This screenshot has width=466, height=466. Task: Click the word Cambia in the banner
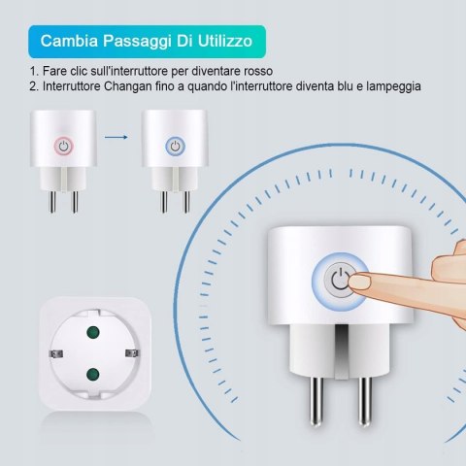click(x=69, y=41)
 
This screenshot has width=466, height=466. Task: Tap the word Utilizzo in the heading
click(x=225, y=41)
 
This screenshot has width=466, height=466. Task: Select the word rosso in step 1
click(x=258, y=71)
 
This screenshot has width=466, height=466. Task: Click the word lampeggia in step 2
click(x=393, y=86)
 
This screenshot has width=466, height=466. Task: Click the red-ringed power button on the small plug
click(x=64, y=147)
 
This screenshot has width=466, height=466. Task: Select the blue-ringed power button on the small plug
click(x=175, y=147)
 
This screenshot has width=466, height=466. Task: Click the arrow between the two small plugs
click(x=116, y=137)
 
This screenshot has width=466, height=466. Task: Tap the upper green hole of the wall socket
click(x=93, y=332)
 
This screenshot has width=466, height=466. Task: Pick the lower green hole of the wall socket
click(x=93, y=374)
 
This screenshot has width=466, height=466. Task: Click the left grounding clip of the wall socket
click(x=56, y=353)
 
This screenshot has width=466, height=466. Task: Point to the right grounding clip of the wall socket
click(x=132, y=353)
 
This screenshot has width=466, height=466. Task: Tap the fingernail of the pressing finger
click(x=361, y=282)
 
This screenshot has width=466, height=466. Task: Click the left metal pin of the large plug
click(x=316, y=401)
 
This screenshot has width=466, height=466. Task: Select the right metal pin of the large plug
click(x=364, y=401)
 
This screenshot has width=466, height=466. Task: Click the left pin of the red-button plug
click(x=52, y=202)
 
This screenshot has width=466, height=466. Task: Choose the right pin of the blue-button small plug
click(x=186, y=202)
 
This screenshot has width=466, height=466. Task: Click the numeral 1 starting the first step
click(x=33, y=71)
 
